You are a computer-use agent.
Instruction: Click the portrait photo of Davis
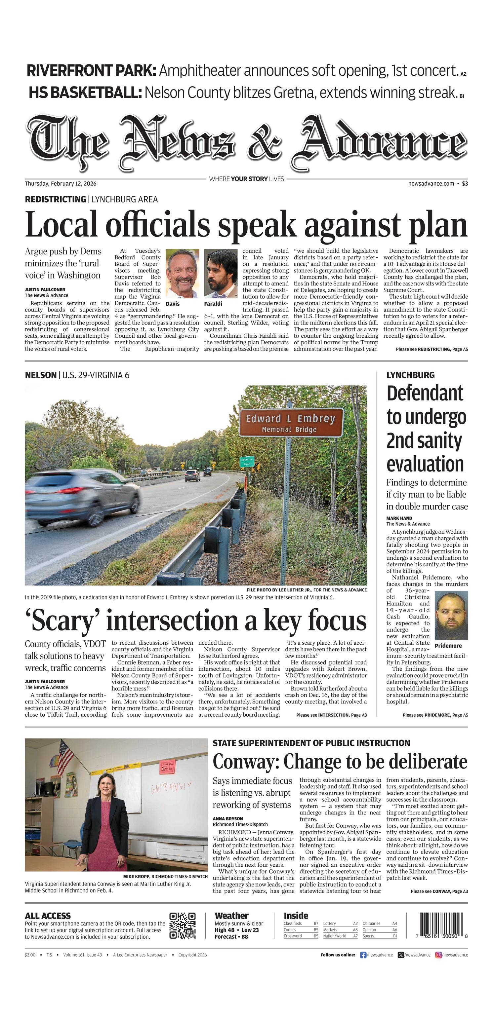[x=182, y=273]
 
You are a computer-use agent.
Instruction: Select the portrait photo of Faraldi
[x=221, y=273]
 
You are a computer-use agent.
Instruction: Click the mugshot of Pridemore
[x=451, y=616]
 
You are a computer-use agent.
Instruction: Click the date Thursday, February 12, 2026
[x=61, y=184]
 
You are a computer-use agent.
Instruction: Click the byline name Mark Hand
[x=399, y=518]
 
